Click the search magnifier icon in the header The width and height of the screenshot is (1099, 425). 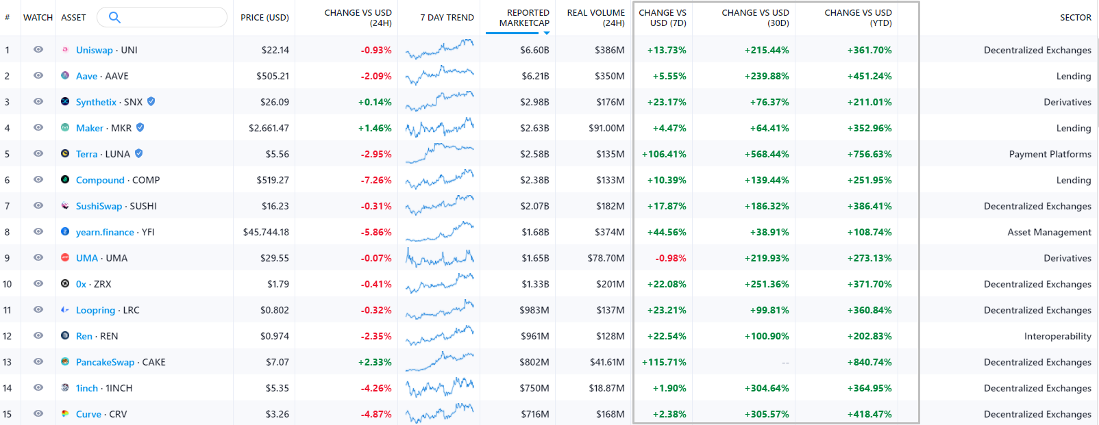pyautogui.click(x=114, y=17)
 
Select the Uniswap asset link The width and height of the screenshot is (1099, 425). pyautogui.click(x=94, y=50)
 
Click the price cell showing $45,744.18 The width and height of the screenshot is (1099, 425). pyautogui.click(x=266, y=232)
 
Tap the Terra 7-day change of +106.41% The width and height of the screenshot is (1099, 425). pyautogui.click(x=664, y=154)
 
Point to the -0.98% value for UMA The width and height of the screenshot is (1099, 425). pyautogui.click(x=671, y=258)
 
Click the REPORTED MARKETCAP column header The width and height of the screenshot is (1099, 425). pyautogui.click(x=524, y=18)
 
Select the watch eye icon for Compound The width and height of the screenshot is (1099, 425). pyautogui.click(x=38, y=180)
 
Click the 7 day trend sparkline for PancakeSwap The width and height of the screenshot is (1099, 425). pyautogui.click(x=439, y=361)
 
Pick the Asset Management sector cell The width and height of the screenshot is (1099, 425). pyautogui.click(x=1049, y=232)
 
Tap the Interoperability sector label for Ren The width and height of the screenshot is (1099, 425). pyautogui.click(x=1057, y=336)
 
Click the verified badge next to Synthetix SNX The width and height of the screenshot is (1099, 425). pyautogui.click(x=151, y=101)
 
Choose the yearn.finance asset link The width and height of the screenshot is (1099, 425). pyautogui.click(x=105, y=232)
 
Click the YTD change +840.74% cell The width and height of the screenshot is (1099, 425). pyautogui.click(x=869, y=362)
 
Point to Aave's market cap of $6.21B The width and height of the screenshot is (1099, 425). pyautogui.click(x=534, y=76)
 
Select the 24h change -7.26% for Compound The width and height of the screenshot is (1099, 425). pyautogui.click(x=376, y=180)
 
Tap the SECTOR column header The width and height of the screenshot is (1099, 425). pyautogui.click(x=1075, y=17)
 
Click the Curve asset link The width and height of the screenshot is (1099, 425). pyautogui.click(x=88, y=414)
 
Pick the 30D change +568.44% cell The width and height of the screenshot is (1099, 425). pyautogui.click(x=767, y=154)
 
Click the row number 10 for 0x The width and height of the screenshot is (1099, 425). pyautogui.click(x=8, y=284)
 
